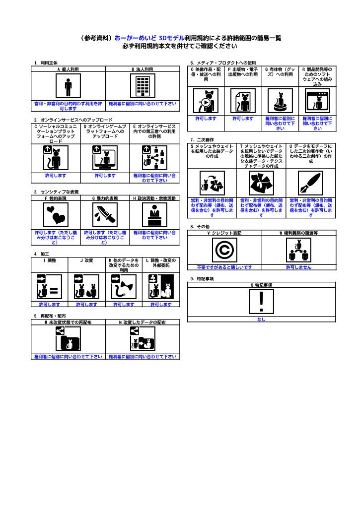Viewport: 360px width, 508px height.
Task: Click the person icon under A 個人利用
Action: tap(68, 87)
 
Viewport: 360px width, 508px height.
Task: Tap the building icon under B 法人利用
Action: tap(143, 87)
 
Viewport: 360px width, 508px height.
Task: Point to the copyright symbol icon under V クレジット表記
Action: tap(224, 251)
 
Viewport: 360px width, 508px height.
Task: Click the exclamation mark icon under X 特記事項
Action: tap(262, 301)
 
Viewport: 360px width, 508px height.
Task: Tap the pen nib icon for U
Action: tap(310, 184)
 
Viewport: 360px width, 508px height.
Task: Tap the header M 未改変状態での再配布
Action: tap(68, 322)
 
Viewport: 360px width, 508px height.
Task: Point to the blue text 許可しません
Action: tap(298, 267)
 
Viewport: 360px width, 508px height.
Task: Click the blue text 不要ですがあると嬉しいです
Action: tap(224, 267)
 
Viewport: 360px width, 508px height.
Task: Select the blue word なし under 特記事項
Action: tap(261, 319)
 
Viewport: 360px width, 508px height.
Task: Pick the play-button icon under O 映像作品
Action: tap(206, 102)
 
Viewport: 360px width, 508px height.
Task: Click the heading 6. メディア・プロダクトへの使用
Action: tap(223, 63)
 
